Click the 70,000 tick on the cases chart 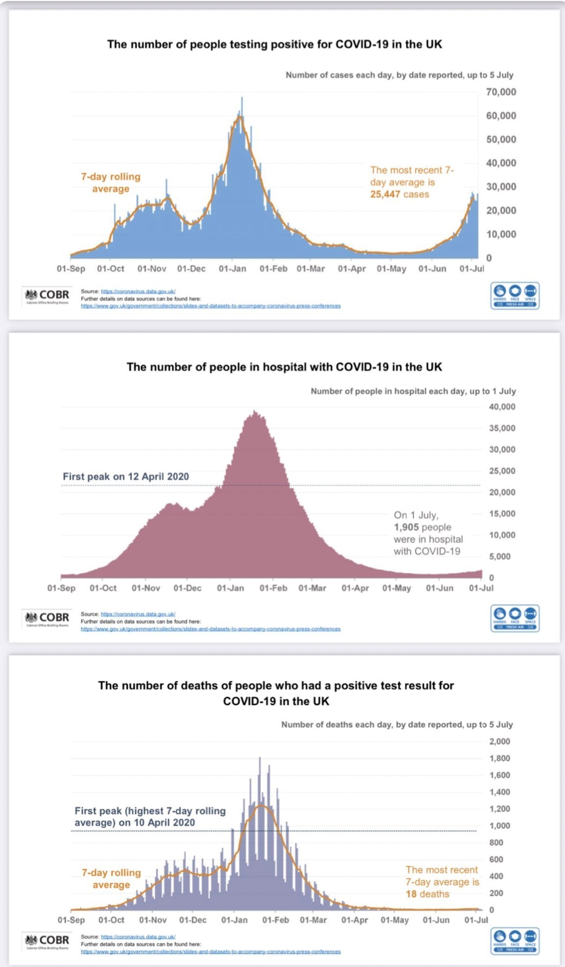[501, 92]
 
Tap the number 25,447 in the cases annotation [385, 195]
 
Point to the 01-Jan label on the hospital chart [230, 588]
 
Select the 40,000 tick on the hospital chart [502, 407]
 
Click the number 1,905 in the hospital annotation [406, 527]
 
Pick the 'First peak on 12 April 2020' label [125, 476]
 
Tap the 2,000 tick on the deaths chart [499, 742]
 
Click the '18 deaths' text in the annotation [427, 894]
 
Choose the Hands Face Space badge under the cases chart [515, 296]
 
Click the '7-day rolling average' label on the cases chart [111, 183]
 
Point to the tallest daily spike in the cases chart [242, 99]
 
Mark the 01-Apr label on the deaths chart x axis [354, 920]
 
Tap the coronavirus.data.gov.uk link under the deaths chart [138, 937]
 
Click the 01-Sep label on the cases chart [71, 269]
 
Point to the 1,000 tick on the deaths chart [499, 826]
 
